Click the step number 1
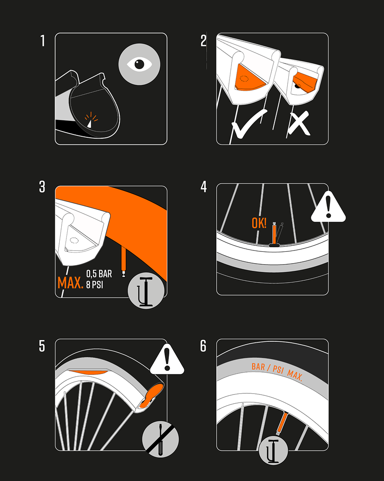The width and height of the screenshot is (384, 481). tap(43, 41)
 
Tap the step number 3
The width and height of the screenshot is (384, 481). tap(42, 187)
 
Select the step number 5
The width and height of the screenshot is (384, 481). tap(42, 346)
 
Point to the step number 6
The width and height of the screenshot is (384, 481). tap(203, 346)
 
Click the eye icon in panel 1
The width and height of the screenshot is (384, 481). tap(139, 64)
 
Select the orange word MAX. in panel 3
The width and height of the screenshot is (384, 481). tap(70, 283)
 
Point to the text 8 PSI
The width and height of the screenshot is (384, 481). tap(95, 285)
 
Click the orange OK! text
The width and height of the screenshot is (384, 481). tap(259, 223)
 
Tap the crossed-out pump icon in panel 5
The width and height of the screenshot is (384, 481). tap(161, 440)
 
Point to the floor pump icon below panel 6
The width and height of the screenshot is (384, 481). tap(272, 452)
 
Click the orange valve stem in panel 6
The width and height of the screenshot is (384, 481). tap(283, 422)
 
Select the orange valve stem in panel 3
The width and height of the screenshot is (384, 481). tap(125, 261)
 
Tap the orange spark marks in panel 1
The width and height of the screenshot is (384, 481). tap(90, 117)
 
